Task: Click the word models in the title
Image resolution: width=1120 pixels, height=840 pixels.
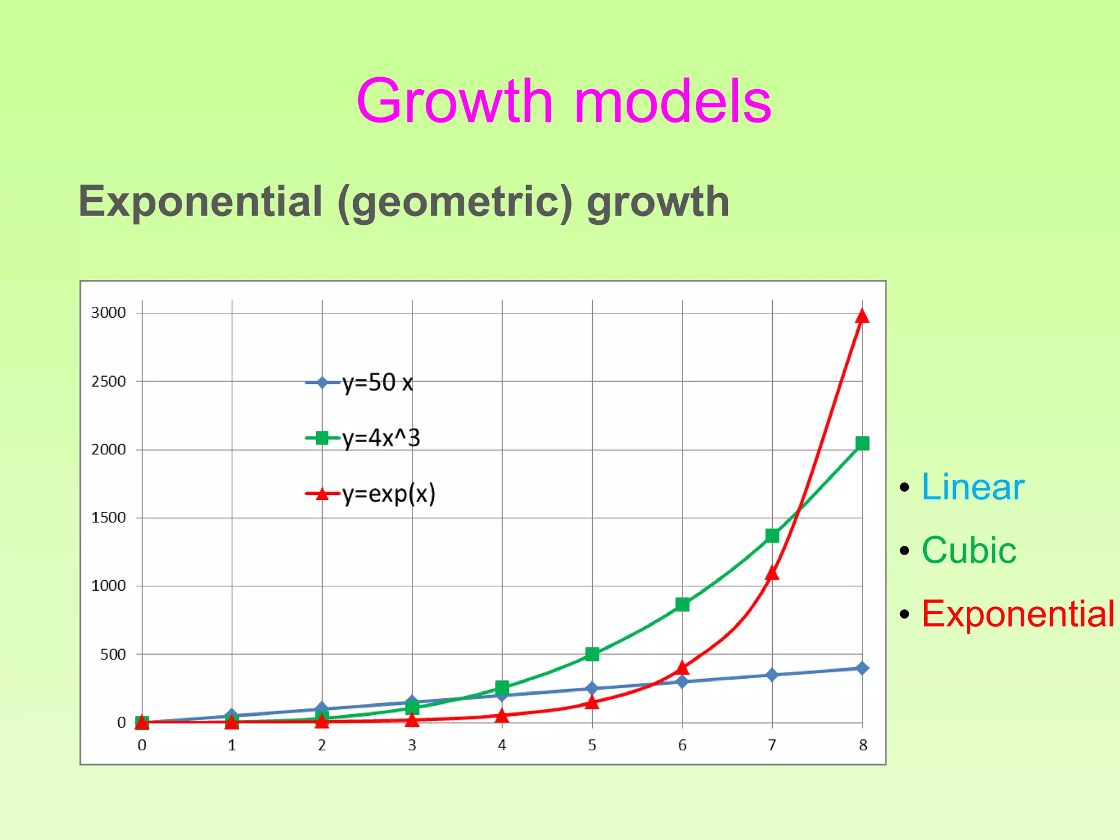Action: (673, 102)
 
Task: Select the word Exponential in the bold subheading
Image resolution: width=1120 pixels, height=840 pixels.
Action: (200, 201)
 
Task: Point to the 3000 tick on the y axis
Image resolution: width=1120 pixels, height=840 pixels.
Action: (108, 313)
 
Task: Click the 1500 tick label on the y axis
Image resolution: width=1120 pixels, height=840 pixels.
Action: (108, 517)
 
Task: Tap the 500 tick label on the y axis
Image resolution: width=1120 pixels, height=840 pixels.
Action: (113, 654)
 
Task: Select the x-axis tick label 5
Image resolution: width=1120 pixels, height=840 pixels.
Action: (592, 745)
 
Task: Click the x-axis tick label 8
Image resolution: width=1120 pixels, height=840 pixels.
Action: (863, 745)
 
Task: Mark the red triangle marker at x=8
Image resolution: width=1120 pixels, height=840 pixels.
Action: (862, 317)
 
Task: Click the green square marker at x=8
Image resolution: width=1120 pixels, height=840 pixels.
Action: (862, 443)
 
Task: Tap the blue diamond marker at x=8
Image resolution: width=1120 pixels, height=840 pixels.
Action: (862, 668)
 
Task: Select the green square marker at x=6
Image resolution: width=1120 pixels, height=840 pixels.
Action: (682, 604)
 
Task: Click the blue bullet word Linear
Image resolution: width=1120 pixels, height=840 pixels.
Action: (972, 487)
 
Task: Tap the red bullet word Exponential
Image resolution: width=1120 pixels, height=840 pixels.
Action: (1018, 614)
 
